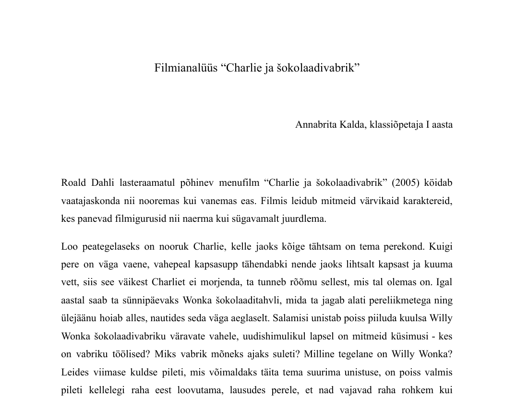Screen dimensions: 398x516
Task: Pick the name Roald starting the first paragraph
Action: coord(73,183)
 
